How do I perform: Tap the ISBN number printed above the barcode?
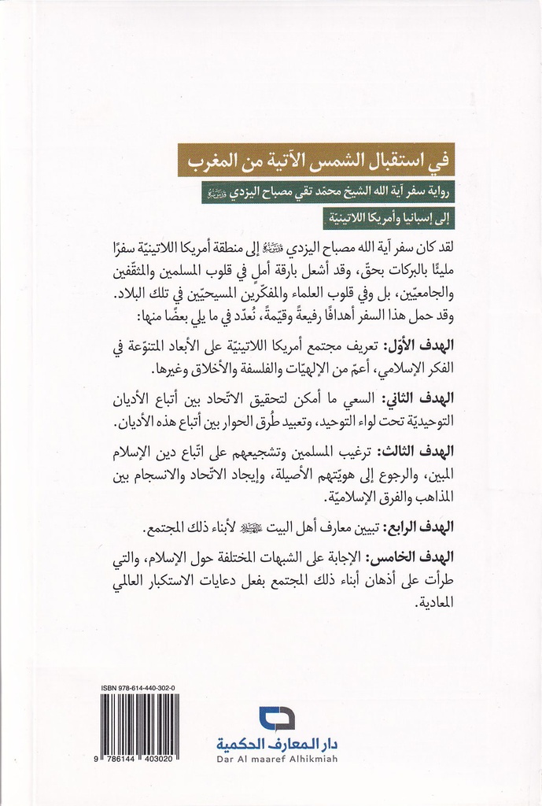tap(138, 688)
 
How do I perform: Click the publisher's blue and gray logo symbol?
tap(276, 718)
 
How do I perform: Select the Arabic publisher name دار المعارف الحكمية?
tap(277, 744)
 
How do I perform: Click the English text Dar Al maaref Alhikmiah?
tap(276, 760)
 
